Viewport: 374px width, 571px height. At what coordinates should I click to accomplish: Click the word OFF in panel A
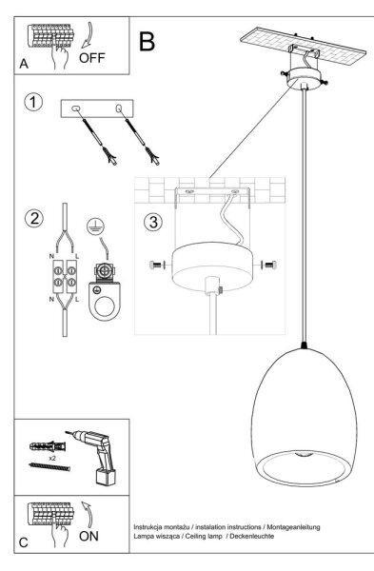(91, 58)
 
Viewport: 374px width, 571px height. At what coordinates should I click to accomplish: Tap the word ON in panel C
(89, 536)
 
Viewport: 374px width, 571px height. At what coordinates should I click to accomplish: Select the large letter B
(147, 42)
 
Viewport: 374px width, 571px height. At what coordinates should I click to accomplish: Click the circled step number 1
(33, 102)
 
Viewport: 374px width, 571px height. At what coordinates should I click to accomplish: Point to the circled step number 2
(34, 219)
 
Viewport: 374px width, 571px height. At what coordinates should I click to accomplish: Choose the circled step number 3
(153, 222)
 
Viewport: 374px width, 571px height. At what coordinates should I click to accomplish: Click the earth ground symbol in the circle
(95, 226)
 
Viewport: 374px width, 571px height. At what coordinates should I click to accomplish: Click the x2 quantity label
(53, 458)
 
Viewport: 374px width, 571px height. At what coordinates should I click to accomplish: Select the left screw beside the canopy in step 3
(156, 265)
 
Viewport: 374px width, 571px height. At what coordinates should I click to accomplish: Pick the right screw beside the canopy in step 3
(268, 265)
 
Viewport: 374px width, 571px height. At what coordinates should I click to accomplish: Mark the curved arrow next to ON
(87, 514)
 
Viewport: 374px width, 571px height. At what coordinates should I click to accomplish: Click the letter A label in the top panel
(24, 64)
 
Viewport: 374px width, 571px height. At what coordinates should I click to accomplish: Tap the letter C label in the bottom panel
(23, 542)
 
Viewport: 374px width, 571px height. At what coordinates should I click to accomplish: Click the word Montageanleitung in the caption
(293, 526)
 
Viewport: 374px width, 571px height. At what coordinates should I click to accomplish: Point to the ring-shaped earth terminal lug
(104, 301)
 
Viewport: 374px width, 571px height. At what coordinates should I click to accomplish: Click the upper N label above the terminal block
(51, 257)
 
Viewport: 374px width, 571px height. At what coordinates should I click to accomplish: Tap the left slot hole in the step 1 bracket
(76, 108)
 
